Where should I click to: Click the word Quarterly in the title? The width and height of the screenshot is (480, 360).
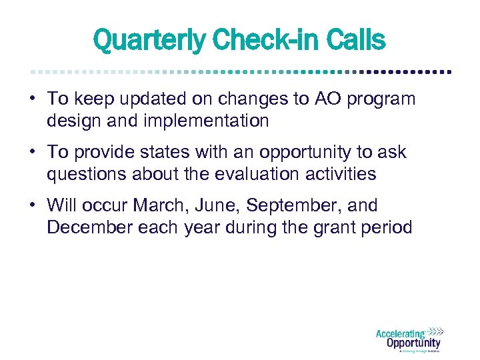[149, 41]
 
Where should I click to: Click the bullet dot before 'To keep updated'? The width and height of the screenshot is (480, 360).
[31, 99]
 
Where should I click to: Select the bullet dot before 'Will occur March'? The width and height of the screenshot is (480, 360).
[31, 205]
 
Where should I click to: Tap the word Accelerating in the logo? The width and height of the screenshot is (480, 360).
[400, 334]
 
